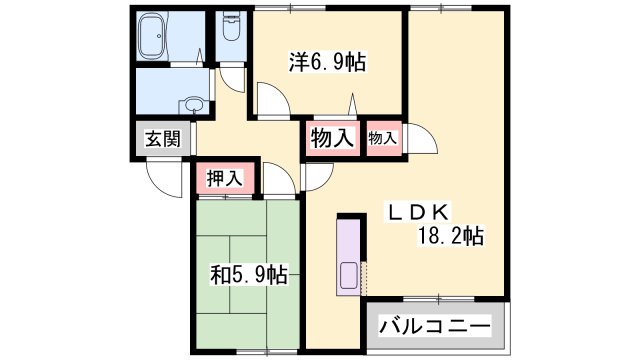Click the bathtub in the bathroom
tap(152, 36)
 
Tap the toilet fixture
tap(232, 25)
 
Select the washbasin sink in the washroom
tap(193, 104)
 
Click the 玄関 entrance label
tap(163, 139)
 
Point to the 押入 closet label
tap(225, 178)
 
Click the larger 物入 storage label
tap(332, 138)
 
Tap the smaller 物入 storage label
tap(382, 138)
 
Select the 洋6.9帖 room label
tap(327, 62)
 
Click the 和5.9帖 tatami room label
tap(249, 275)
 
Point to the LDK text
tap(418, 212)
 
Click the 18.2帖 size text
tap(450, 236)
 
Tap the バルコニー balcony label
tap(435, 326)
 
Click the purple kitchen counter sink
tap(348, 275)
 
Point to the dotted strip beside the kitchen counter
tap(364, 278)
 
